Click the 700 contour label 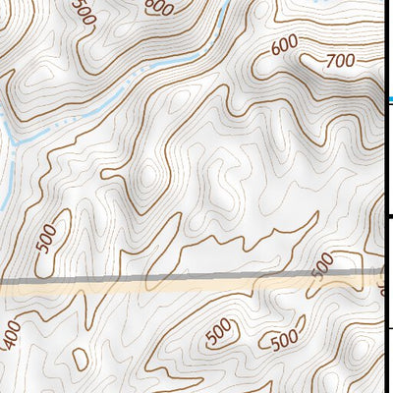click(x=339, y=61)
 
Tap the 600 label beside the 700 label click(x=284, y=44)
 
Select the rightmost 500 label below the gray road click(x=284, y=340)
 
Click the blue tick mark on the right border click(x=390, y=99)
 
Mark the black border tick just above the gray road click(x=390, y=216)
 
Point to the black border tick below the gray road click(x=390, y=327)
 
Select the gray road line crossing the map click(x=147, y=281)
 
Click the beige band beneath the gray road click(x=147, y=292)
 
